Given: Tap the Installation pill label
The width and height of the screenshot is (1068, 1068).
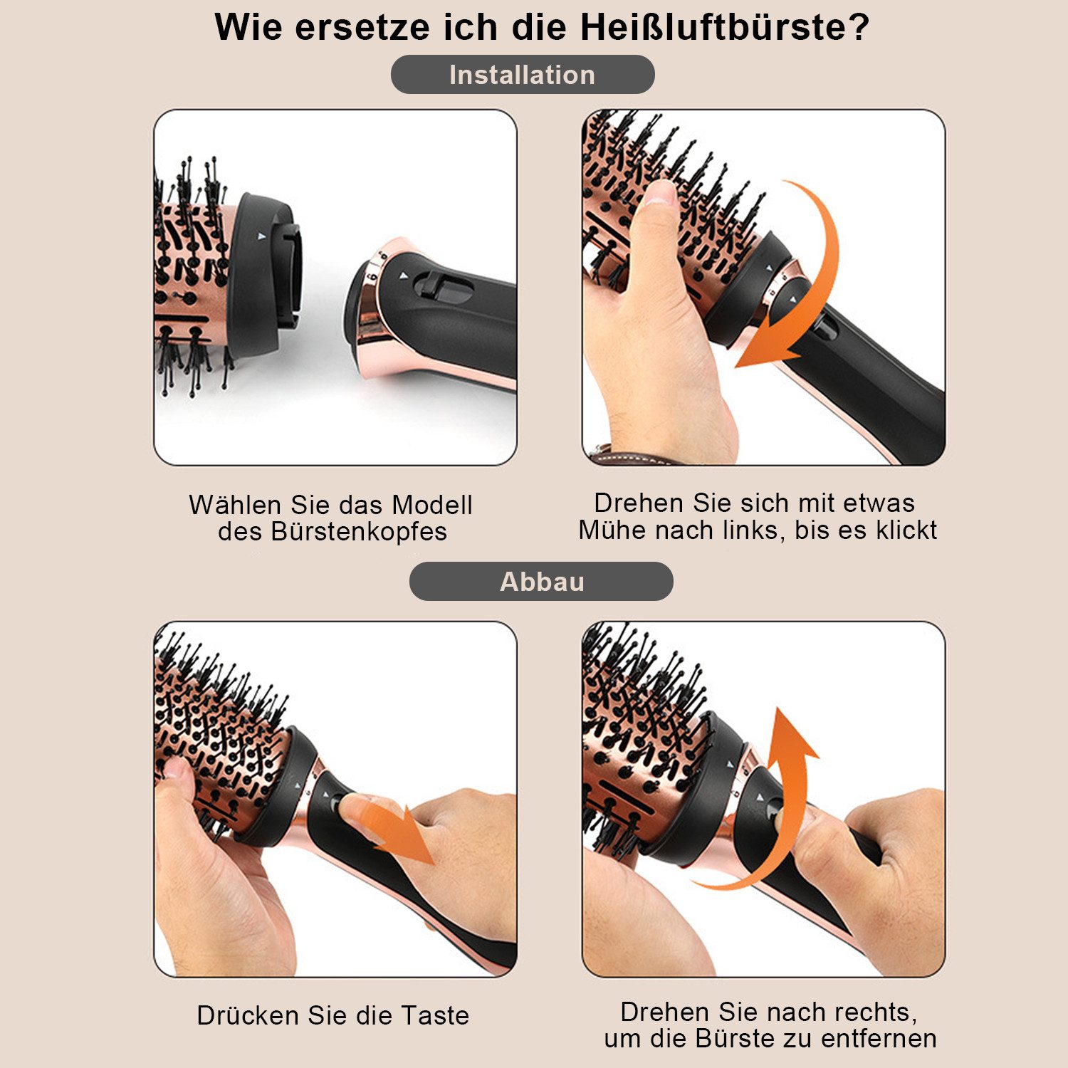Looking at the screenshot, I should pos(522,75).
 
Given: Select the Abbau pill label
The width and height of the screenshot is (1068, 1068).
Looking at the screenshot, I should pos(541,582).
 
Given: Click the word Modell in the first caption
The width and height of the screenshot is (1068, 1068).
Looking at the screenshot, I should pos(432,505).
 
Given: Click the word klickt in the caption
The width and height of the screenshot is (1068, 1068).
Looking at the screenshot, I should pos(906,530).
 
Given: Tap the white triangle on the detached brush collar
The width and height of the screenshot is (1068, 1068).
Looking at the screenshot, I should pos(261,234).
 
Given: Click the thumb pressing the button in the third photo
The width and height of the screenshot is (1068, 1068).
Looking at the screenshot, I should pos(363,808).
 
